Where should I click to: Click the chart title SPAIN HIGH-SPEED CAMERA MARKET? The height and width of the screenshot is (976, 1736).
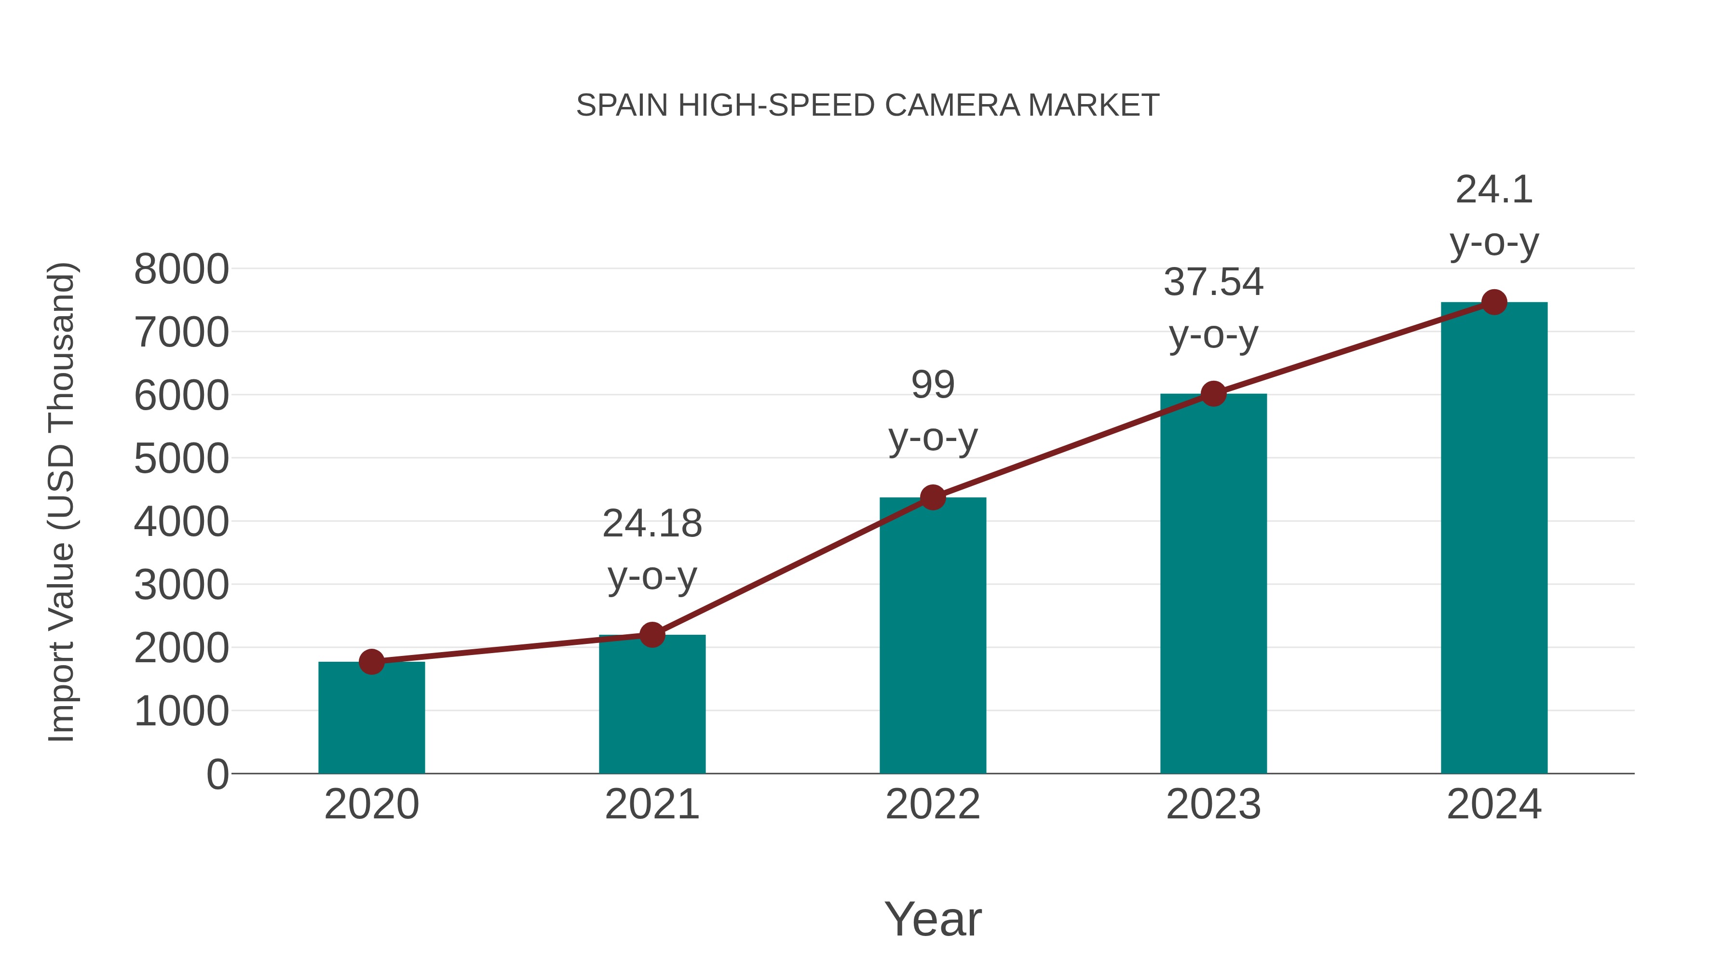pos(868,106)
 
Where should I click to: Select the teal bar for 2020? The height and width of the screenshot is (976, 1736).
pos(371,721)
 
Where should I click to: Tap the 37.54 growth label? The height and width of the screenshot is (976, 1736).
pos(1213,282)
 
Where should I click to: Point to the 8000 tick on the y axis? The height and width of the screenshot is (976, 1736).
pos(181,269)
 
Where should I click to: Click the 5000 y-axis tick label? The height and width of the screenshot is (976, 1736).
pos(181,459)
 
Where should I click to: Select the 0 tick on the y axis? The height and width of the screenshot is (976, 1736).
pos(217,775)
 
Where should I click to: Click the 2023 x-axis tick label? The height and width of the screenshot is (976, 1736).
pos(1213,804)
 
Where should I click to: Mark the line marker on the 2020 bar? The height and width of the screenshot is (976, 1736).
pos(371,662)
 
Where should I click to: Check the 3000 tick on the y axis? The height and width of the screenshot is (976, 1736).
pos(181,585)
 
